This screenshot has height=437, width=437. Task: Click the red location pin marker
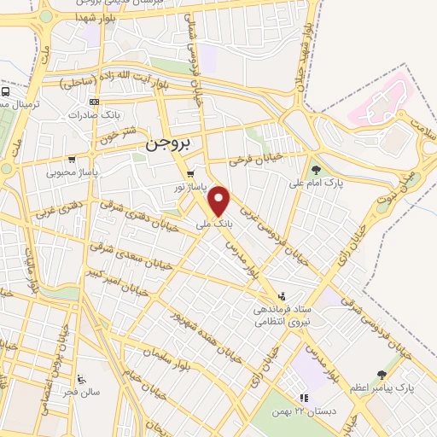click(220, 201)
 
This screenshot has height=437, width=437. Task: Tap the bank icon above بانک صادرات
click(92, 102)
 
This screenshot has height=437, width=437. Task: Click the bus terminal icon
click(5, 91)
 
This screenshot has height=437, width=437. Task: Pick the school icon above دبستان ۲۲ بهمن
click(302, 397)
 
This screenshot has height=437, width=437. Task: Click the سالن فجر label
click(79, 393)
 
